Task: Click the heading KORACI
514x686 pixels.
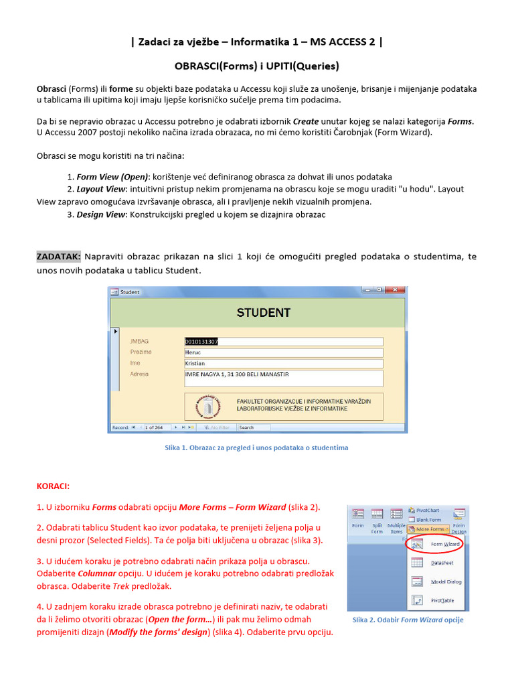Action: coord(52,486)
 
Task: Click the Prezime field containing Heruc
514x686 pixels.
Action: coord(283,352)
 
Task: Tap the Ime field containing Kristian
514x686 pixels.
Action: coord(283,363)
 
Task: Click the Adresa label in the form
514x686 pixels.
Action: coord(139,374)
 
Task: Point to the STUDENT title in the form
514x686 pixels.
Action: coord(263,313)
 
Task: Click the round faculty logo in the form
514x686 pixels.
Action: coord(207,407)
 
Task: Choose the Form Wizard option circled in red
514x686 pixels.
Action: coord(444,544)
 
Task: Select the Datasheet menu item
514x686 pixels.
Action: coord(442,563)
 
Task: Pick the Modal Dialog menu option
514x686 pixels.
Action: coord(445,581)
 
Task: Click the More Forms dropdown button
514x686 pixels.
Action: coord(429,529)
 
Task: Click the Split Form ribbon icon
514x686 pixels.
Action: coord(377,519)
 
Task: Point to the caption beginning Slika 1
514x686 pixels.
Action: coord(256,448)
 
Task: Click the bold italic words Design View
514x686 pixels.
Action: coord(100,214)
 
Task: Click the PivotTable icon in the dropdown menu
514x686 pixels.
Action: coord(418,601)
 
